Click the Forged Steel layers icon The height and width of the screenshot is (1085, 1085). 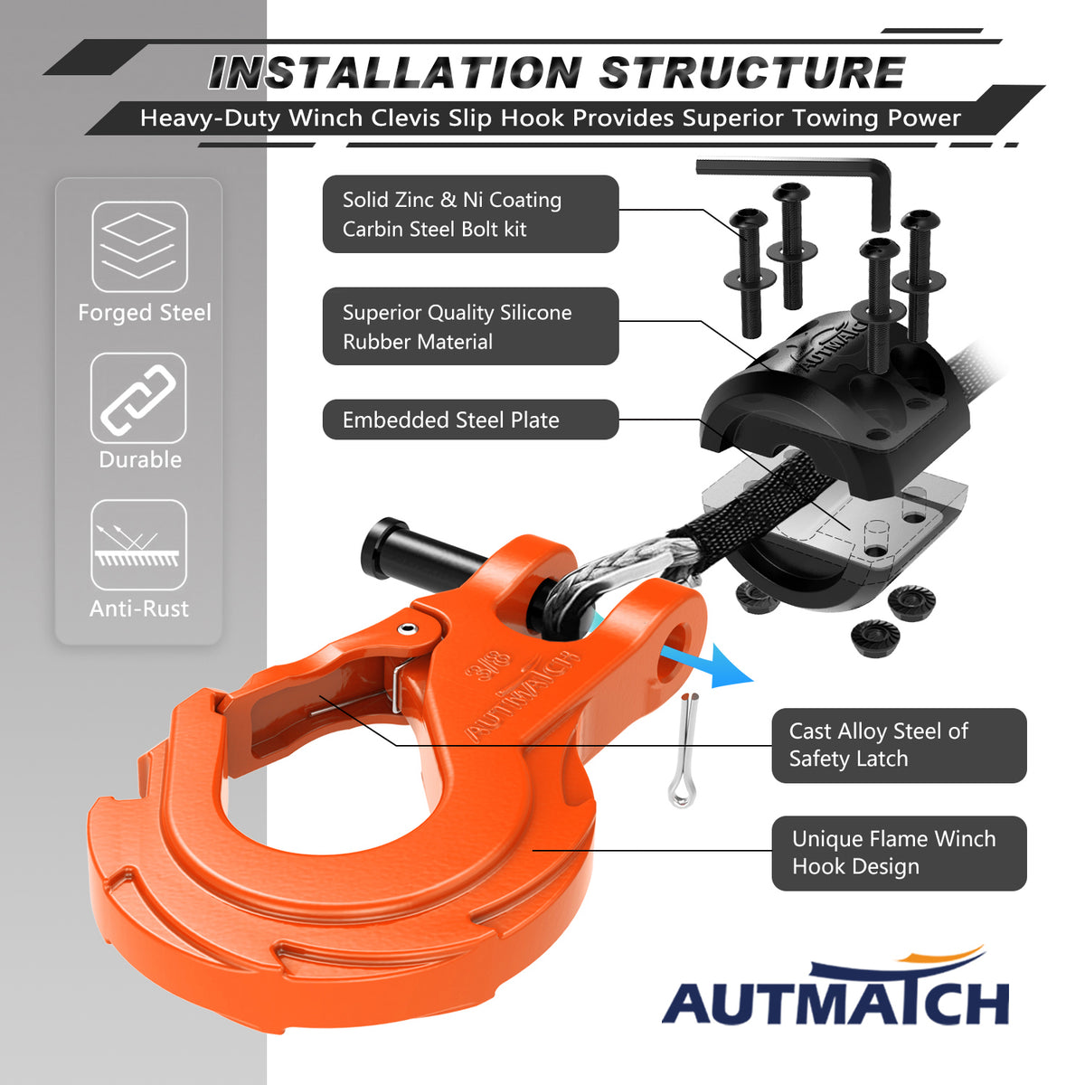click(140, 247)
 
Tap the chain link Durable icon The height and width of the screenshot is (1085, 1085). click(138, 398)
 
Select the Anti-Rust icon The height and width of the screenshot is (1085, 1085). click(138, 545)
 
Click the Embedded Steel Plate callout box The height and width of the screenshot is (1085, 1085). click(470, 420)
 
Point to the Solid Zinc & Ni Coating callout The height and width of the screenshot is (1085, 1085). click(470, 214)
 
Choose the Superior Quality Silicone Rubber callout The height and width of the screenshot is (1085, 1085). click(470, 326)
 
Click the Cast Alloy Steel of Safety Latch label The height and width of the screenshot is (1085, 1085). click(899, 745)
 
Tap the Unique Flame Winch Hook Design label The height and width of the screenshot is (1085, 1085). click(899, 853)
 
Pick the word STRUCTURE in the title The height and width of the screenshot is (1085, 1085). click(752, 73)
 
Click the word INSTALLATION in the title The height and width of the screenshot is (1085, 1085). click(395, 73)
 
